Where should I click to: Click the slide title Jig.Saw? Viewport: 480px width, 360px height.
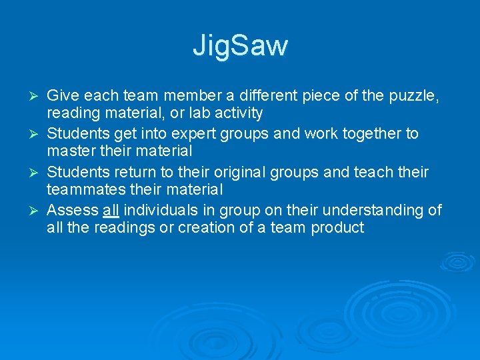240,46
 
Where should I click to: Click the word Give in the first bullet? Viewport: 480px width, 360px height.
62,95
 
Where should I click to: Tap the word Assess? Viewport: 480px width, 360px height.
73,211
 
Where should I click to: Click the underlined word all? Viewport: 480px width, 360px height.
111,211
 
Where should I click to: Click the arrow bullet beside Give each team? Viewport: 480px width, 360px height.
37,96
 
